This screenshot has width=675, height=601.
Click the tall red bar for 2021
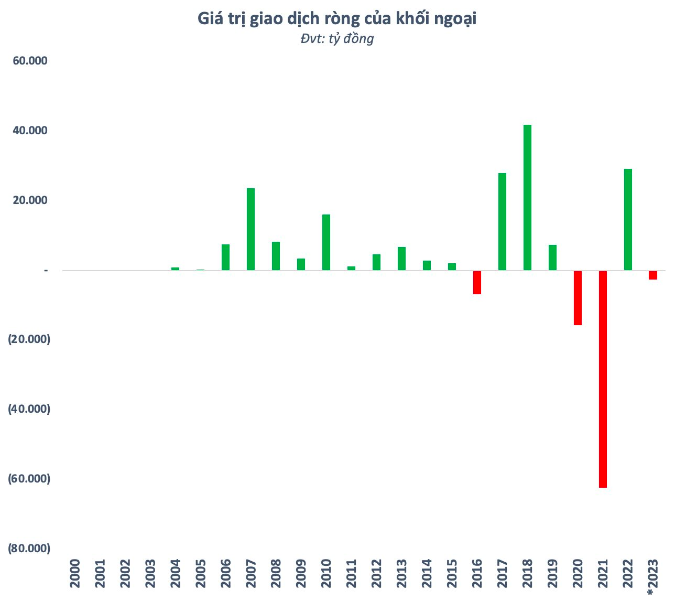[x=603, y=379]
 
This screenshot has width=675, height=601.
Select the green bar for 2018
[x=527, y=197]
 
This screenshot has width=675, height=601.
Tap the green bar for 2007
[x=251, y=229]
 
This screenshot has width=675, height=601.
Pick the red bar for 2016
[x=477, y=282]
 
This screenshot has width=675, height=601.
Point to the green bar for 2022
[x=628, y=219]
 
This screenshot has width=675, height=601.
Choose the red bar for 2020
[x=578, y=297]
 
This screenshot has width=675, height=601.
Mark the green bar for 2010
[x=326, y=242]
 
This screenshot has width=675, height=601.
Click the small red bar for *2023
[x=653, y=275]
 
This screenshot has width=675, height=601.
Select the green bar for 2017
[x=502, y=221]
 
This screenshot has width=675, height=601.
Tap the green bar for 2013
[x=401, y=259]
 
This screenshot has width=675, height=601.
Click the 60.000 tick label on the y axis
[x=30, y=61]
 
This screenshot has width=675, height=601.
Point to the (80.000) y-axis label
[x=29, y=549]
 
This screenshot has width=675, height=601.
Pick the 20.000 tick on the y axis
[x=30, y=200]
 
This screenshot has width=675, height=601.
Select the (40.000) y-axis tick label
[x=29, y=409]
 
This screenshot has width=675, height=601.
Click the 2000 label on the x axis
[x=75, y=573]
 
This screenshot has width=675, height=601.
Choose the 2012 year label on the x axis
[x=376, y=573]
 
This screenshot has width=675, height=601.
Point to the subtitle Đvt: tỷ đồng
[x=337, y=39]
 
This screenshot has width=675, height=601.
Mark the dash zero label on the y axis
[x=46, y=270]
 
